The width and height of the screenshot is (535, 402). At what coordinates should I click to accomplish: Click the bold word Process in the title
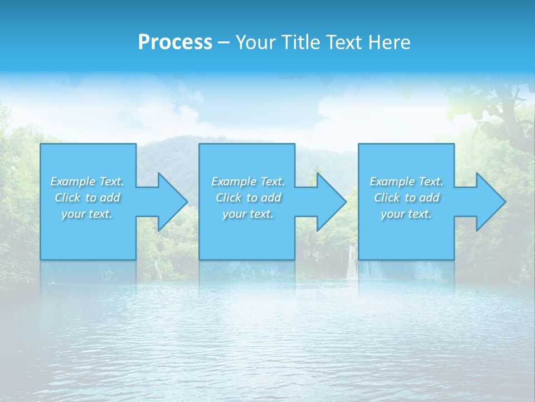click(x=175, y=42)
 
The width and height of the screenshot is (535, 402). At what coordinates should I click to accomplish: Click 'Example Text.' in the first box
click(x=87, y=181)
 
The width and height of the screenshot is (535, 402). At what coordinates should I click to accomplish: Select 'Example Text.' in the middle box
click(x=248, y=181)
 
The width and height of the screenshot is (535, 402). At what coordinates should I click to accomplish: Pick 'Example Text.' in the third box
click(x=406, y=181)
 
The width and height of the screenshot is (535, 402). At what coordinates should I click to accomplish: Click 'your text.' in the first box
click(x=87, y=214)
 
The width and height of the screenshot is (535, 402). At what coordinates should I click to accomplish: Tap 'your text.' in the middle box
click(x=248, y=214)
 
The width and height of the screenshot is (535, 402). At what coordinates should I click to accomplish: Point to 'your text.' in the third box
click(x=406, y=214)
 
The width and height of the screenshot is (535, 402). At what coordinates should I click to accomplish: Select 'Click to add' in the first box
click(x=87, y=198)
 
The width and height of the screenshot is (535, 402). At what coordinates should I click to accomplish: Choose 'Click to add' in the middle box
click(x=248, y=198)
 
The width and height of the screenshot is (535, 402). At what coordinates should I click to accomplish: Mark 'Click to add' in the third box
click(x=406, y=198)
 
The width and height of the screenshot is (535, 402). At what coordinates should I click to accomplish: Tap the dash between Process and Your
click(x=223, y=42)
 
